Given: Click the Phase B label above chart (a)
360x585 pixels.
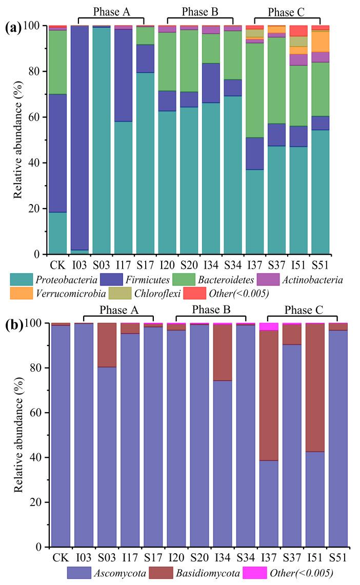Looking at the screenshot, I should coord(200,11).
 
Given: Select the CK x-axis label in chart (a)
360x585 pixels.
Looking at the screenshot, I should coord(57,265).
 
